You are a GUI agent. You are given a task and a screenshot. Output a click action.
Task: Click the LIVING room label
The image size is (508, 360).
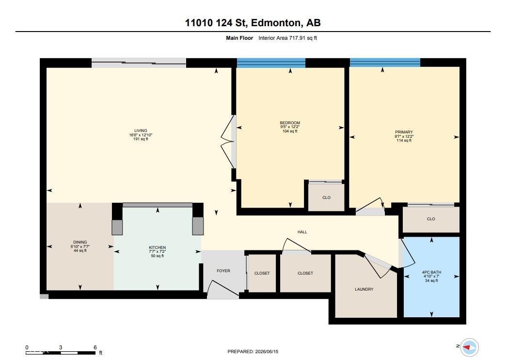coord(141,131)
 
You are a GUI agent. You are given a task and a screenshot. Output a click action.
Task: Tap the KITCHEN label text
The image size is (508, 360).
coord(158,247)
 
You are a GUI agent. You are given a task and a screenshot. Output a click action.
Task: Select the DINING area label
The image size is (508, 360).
coord(80,242)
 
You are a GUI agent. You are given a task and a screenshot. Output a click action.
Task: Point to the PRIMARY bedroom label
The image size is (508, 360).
coord(404,132)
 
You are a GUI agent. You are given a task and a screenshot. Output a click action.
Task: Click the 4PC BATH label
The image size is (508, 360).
coord(431,273)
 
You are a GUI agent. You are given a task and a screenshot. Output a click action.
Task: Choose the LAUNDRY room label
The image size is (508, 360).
coord(364,289)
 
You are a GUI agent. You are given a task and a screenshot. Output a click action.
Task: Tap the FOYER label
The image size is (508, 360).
coord(223,271)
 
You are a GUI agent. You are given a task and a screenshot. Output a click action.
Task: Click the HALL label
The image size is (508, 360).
coord(302,232)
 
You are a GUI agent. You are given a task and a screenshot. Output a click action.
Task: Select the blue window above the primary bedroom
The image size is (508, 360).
coord(385,62)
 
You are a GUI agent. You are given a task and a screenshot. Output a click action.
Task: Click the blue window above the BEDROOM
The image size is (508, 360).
coord(271,63)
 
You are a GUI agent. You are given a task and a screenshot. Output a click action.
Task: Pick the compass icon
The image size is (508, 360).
coord(469,347)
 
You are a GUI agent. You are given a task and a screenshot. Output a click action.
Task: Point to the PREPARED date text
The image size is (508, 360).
coord(253,352)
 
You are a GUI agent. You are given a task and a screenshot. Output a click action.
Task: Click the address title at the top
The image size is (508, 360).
coord(253,23)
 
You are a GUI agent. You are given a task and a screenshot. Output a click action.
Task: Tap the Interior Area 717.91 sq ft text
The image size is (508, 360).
coord(288,38)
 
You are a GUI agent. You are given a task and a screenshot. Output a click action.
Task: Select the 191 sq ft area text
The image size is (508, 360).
coord(141,139)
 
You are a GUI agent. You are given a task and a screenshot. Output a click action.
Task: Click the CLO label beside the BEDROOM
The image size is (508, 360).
coord(327,197)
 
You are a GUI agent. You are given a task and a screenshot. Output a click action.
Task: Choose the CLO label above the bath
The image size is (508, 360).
coord(431,219)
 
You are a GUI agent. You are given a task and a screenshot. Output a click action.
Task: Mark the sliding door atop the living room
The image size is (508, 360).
coord(139,63)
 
